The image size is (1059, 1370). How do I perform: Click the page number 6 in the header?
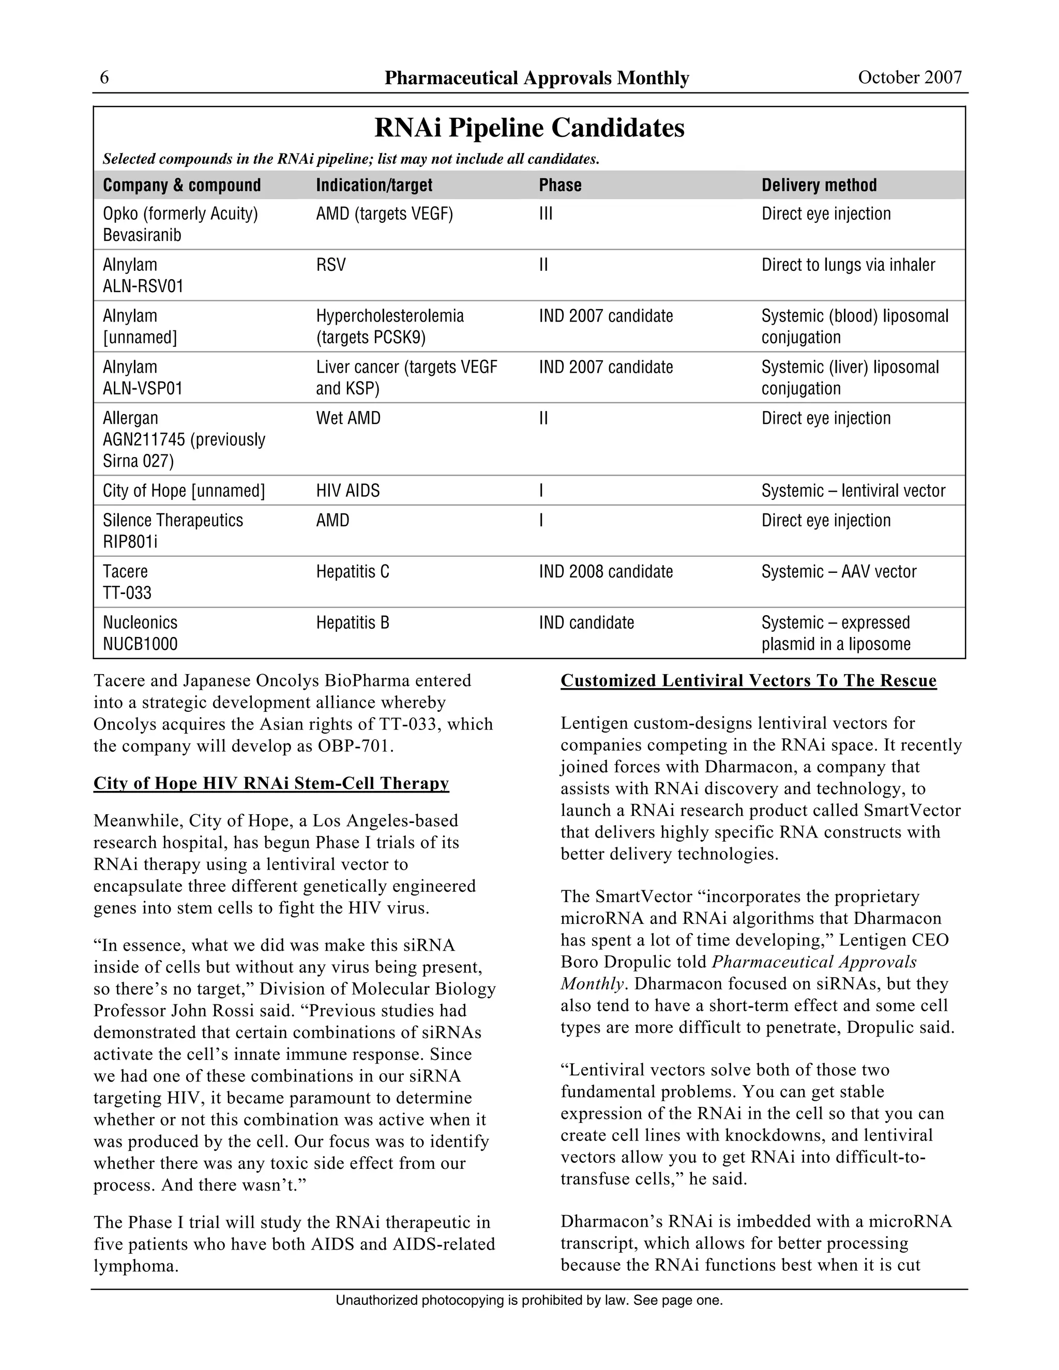[104, 77]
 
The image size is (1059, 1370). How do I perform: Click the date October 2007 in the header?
[909, 77]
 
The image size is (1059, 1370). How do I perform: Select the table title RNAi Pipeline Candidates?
[529, 128]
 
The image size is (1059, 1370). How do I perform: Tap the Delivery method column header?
[819, 185]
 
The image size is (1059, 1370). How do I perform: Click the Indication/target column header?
[374, 185]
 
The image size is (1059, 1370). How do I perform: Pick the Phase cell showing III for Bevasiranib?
[545, 214]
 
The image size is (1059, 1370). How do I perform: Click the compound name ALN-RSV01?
[143, 287]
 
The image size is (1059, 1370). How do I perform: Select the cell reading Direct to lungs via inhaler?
[848, 265]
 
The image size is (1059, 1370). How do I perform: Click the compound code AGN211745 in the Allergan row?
[144, 440]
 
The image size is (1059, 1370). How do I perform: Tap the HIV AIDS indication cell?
[347, 491]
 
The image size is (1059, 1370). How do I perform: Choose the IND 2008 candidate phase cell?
[606, 571]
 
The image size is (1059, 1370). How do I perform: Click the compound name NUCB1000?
[140, 644]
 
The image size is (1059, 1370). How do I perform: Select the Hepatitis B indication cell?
[352, 623]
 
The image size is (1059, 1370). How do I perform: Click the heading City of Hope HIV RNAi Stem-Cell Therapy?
[271, 783]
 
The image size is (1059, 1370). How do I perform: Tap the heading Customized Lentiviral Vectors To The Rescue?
[748, 681]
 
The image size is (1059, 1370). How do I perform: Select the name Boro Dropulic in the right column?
[603, 962]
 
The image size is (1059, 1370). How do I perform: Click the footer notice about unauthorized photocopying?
[529, 1300]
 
